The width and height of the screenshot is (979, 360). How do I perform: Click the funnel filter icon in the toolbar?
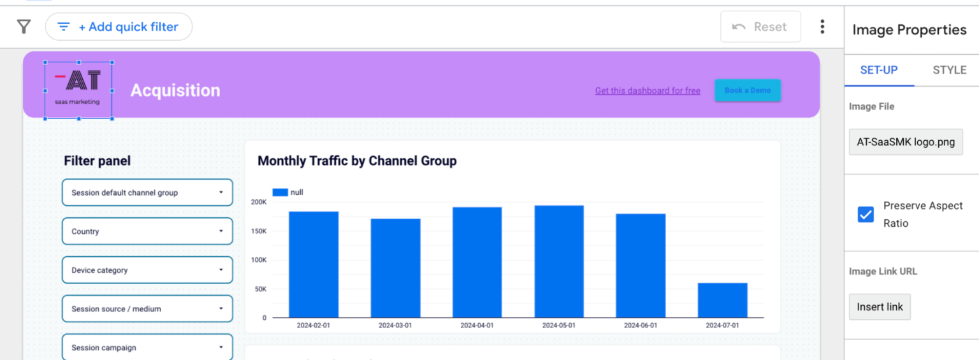coord(24,27)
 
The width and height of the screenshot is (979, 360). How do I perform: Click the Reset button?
coord(760,27)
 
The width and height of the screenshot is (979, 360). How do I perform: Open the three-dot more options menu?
coord(822,27)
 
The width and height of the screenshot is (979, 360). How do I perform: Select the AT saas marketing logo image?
coord(78,90)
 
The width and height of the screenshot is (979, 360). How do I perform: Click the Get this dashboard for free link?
coord(647,90)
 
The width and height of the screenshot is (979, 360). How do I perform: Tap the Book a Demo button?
coord(747,90)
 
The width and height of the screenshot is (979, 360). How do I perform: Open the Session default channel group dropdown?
coord(147,192)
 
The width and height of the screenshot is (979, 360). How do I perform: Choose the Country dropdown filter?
coord(147,231)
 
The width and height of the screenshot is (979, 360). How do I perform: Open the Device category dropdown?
coord(147,270)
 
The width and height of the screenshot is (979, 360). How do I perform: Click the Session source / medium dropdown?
coord(147,309)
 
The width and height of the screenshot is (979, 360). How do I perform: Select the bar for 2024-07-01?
coord(722,300)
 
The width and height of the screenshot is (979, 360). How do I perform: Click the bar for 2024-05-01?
coord(559,261)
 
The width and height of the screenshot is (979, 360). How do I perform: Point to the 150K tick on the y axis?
coord(259,231)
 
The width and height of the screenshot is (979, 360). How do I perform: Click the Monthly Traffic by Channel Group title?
coord(357,161)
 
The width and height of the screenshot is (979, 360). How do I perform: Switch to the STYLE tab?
coord(949,70)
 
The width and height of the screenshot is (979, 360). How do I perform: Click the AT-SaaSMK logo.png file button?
coord(905,142)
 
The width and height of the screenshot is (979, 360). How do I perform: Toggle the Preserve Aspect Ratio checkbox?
coord(866,215)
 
